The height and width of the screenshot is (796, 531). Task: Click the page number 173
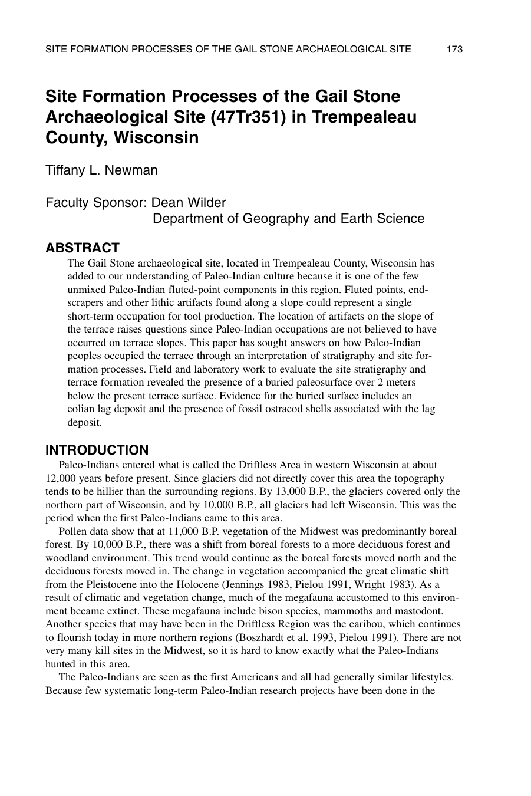click(454, 50)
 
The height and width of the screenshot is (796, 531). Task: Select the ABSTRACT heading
click(83, 248)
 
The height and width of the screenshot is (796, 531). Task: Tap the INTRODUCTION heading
click(97, 450)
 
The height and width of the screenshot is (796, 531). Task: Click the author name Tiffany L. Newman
click(102, 170)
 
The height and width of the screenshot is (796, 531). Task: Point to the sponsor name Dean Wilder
click(189, 203)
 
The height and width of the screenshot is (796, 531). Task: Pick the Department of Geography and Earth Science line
click(288, 219)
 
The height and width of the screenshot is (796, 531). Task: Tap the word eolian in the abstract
click(81, 409)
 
